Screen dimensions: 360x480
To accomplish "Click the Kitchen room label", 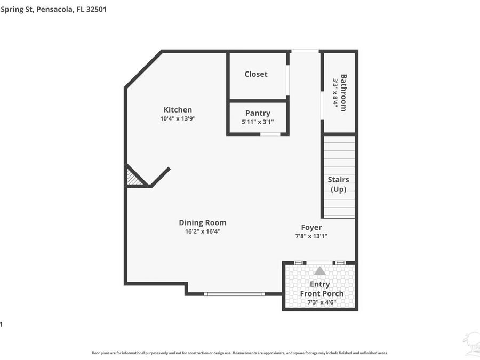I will coord(178,110).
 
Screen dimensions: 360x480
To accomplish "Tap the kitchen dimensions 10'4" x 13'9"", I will coord(178,119).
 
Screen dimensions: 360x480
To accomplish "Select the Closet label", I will coord(256,74).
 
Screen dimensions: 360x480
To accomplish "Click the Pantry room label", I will coord(258,113).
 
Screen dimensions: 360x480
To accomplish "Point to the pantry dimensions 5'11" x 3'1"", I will coord(258,122).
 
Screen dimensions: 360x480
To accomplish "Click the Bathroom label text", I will coord(343,92).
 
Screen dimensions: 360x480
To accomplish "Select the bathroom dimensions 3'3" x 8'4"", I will coord(335,92).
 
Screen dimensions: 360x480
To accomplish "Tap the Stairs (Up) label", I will coord(338,185).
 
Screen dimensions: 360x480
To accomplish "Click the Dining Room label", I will coord(203,222).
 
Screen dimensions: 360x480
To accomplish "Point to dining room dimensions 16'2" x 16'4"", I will coord(203,231).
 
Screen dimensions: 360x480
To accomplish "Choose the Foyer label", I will coord(311,227).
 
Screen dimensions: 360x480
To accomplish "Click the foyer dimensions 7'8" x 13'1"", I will coord(311,236).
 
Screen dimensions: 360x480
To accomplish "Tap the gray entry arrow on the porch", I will coord(319,271).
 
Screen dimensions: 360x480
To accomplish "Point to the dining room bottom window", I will coord(234,293).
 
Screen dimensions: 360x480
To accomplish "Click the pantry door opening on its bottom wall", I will coord(270,134).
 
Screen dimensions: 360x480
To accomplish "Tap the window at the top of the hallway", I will coord(305,51).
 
